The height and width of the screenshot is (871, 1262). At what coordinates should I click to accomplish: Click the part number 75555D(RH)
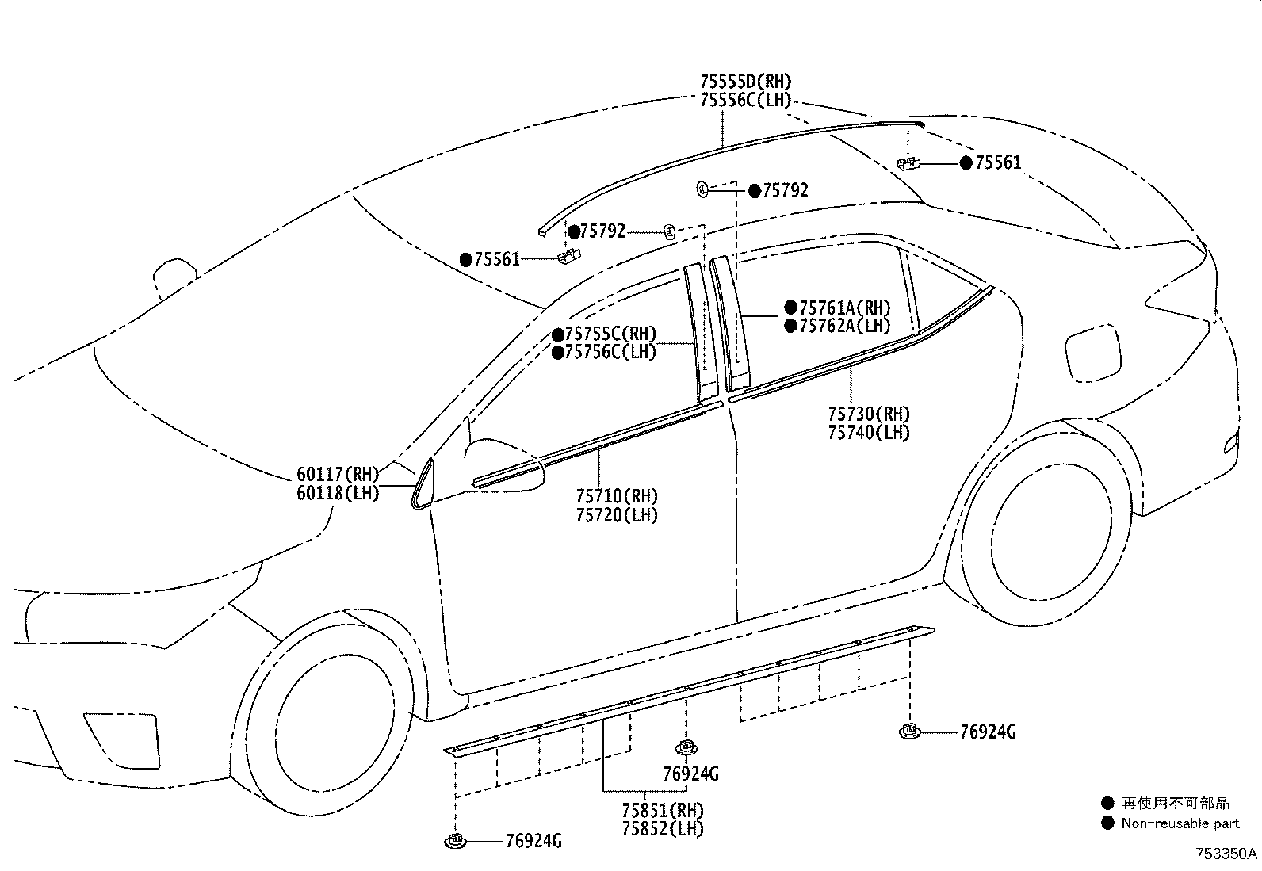[x=745, y=82]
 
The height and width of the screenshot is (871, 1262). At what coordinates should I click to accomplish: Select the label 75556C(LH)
[x=745, y=101]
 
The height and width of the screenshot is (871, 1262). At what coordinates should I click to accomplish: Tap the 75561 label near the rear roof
[x=998, y=162]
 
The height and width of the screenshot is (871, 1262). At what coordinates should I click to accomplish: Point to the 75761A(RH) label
[x=844, y=308]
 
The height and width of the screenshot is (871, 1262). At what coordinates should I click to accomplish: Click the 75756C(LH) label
[x=610, y=352]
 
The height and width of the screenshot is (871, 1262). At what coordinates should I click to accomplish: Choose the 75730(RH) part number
[x=869, y=414]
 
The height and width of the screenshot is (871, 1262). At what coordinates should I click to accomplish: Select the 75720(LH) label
[x=617, y=515]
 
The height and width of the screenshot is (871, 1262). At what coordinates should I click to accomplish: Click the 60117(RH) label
[x=338, y=475]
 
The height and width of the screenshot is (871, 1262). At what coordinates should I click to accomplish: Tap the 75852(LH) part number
[x=663, y=829]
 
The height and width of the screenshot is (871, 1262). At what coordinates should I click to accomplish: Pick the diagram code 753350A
[x=1226, y=854]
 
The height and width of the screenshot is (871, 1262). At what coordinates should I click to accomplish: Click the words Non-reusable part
[x=1180, y=823]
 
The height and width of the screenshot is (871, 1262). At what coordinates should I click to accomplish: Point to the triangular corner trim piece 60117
[x=423, y=484]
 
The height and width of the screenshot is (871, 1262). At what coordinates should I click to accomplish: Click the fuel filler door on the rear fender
[x=1092, y=353]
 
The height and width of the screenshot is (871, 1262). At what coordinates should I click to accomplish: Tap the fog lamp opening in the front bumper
[x=122, y=740]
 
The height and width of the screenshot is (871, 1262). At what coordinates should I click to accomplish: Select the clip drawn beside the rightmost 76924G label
[x=908, y=732]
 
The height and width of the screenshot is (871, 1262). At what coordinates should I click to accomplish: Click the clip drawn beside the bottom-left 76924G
[x=455, y=841]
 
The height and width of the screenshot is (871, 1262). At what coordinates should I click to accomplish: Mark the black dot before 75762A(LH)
[x=790, y=326]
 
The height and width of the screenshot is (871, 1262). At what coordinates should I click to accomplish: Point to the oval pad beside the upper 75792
[x=702, y=189]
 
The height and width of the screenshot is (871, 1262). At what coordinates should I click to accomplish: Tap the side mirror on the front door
[x=503, y=467]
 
